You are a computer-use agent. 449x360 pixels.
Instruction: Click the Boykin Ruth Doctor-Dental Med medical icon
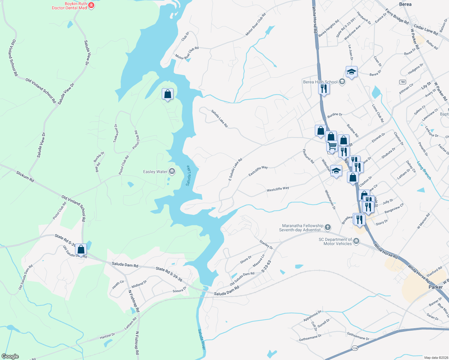pos(92,5)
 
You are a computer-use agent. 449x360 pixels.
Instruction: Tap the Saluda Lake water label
pos(188,175)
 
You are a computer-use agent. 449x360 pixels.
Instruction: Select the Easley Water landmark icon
pos(172,172)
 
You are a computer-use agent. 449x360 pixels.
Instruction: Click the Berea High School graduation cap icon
pos(342,82)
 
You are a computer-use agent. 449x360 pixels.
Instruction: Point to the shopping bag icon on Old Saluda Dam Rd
pos(81,249)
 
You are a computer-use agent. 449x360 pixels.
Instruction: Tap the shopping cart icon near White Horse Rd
pos(332,146)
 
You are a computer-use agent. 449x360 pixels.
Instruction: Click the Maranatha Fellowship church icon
pos(328,227)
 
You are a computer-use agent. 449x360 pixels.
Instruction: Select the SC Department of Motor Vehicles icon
pos(356,241)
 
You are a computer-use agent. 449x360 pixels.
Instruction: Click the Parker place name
pos(435,287)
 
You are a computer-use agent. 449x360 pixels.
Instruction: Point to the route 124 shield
pos(355,348)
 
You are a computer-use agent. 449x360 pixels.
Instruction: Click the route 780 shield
pos(402,82)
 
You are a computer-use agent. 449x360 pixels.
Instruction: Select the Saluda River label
pos(201,339)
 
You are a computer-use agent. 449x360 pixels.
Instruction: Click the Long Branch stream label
pos(424,170)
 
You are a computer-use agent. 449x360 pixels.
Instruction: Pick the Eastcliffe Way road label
pos(258,171)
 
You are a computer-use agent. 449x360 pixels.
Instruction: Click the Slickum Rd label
pos(25,177)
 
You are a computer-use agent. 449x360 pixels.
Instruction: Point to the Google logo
pos(10,356)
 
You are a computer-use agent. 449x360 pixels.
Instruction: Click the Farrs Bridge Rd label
pos(397,17)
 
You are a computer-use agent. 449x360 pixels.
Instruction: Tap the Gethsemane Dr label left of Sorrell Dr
pos(310,338)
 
